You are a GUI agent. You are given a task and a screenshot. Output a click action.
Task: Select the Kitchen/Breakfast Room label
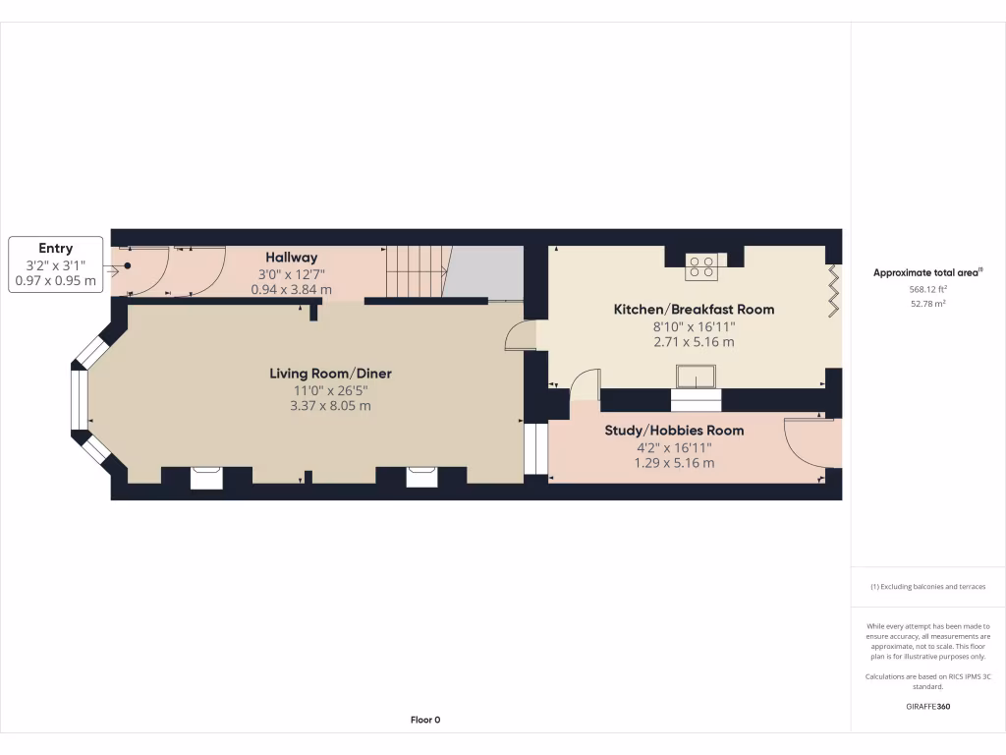click(x=694, y=310)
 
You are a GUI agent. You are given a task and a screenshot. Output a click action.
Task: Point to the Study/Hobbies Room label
click(x=674, y=431)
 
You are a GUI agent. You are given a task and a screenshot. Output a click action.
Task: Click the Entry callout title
click(x=56, y=249)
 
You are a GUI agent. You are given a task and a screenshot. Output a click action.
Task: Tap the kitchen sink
click(x=696, y=377)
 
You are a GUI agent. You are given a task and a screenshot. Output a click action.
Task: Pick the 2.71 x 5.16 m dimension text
click(x=694, y=342)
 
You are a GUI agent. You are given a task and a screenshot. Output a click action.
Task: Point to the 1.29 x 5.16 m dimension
click(x=674, y=463)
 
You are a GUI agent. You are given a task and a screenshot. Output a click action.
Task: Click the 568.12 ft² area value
click(x=927, y=289)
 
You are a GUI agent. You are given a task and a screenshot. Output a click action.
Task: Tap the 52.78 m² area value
click(x=927, y=304)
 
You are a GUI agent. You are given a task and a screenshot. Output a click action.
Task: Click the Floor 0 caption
click(x=425, y=720)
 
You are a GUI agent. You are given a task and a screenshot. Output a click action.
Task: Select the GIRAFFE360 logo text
click(x=927, y=706)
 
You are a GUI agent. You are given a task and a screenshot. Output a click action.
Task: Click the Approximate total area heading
click(x=927, y=272)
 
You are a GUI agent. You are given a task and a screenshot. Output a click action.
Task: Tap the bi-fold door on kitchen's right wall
click(x=834, y=289)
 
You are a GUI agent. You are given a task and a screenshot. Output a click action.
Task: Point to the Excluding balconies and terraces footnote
click(x=927, y=587)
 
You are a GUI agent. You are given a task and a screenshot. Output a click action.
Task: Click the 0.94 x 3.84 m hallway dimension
click(x=292, y=290)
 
